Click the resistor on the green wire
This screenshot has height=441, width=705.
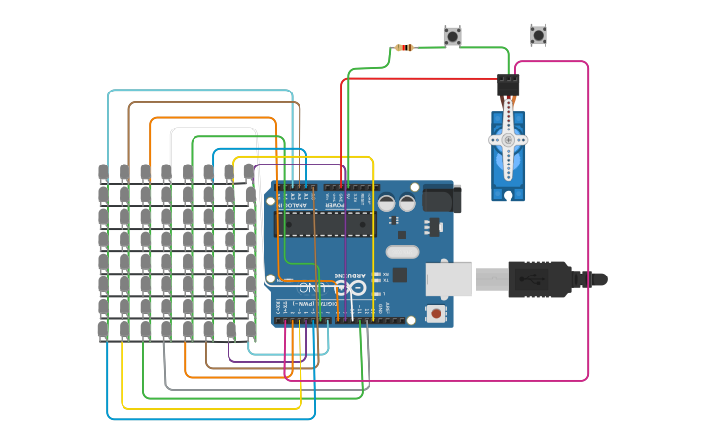point(405,47)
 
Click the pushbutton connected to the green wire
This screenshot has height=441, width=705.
point(452,36)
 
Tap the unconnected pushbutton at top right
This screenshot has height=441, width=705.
point(538,35)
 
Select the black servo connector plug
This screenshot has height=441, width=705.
point(508,86)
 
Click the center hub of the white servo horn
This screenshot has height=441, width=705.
point(508,140)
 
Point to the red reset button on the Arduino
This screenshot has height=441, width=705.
point(436,312)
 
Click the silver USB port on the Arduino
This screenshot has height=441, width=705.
point(448,279)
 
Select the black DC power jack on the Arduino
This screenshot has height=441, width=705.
point(442,199)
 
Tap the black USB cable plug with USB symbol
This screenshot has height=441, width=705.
point(538,279)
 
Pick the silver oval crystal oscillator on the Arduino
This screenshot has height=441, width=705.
point(402,252)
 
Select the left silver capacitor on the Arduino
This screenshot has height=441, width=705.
point(386,202)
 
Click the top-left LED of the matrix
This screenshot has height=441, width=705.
point(103,172)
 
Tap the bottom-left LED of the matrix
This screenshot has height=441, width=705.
point(103,330)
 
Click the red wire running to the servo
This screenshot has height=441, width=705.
point(418,79)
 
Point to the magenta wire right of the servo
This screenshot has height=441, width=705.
point(588,224)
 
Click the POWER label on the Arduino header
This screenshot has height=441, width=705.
point(334,205)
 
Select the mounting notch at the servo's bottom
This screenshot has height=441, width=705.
point(508,195)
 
